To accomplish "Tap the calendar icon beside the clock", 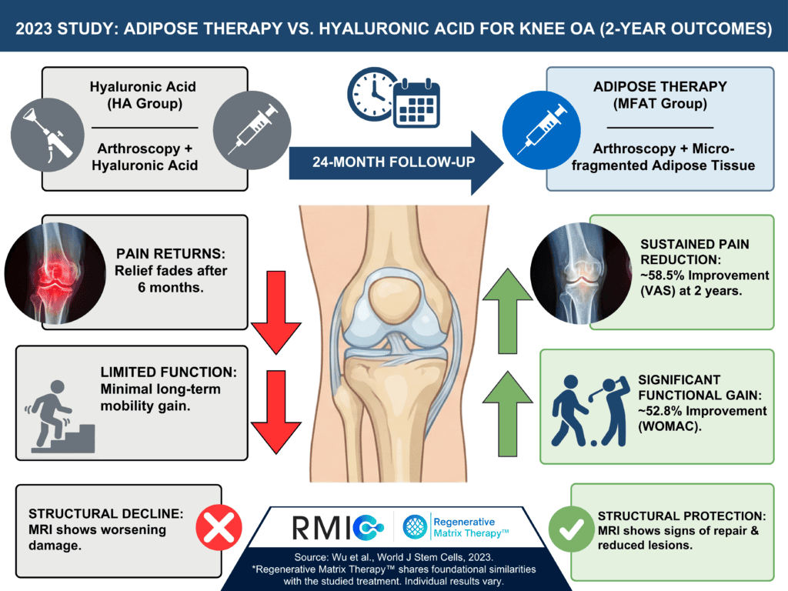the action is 416,103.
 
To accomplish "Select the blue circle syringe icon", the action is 541,130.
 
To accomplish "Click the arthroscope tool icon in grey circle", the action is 48,135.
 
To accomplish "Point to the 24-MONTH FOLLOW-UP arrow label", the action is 393,162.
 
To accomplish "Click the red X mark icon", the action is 219,528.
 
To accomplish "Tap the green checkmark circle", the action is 572,529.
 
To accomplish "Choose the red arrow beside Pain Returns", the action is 276,312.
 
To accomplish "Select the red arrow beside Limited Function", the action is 276,412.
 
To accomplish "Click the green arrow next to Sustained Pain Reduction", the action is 508,311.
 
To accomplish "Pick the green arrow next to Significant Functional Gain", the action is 508,413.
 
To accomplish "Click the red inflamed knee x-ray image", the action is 55,273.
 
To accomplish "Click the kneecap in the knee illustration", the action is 395,299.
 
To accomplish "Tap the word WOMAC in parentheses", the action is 669,426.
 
